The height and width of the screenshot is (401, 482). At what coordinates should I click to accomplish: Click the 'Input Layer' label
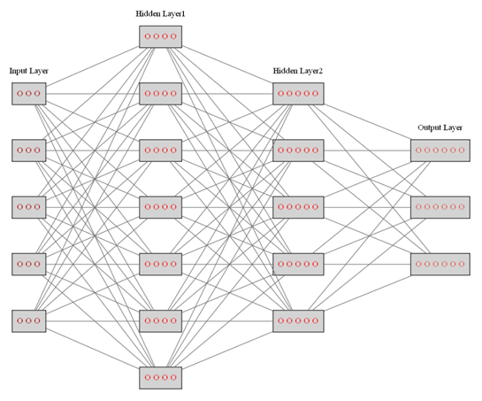pos(28,71)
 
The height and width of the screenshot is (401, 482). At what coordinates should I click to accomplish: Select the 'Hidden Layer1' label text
pos(160,14)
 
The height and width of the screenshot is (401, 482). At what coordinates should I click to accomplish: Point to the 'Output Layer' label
pos(440,127)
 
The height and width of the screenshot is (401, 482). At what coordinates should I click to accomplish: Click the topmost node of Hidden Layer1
pos(160,36)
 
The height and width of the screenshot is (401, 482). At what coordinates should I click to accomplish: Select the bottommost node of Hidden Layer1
pos(160,377)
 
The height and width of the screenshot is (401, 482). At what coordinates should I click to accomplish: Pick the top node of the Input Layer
pos(28,93)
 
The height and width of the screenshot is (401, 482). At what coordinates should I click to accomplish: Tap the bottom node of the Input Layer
pos(28,320)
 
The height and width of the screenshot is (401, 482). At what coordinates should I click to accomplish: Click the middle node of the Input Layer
pos(28,207)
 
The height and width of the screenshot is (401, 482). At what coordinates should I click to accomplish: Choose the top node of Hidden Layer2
pos(298,93)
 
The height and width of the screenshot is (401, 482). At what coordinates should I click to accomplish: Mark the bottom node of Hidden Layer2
pos(298,320)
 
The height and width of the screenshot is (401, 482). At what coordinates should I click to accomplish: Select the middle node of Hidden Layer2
pos(298,207)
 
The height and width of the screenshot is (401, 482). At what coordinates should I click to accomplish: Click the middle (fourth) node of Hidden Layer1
pos(160,207)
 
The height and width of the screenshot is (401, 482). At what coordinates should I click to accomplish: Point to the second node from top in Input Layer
pos(28,150)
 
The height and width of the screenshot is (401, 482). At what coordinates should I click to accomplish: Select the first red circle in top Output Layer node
pos(418,150)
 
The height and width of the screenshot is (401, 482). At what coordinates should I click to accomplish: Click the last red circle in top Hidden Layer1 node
pos(174,36)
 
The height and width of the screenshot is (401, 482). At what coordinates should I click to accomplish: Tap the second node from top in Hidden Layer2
pos(298,150)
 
